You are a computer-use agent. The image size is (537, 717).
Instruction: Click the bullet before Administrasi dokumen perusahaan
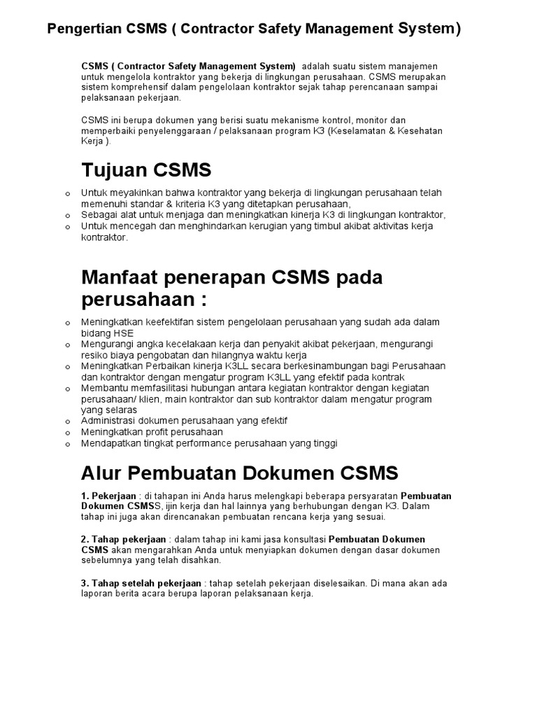67,422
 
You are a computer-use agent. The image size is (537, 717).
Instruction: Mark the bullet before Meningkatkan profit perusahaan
67,433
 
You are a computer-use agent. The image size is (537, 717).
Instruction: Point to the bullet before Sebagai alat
67,215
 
